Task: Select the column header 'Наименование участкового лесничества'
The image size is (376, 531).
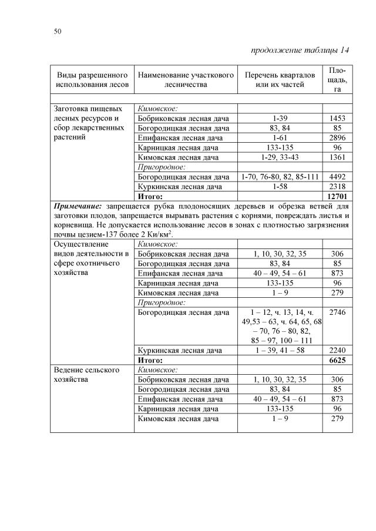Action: click(186, 80)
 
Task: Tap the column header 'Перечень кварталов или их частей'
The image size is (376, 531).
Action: click(280, 80)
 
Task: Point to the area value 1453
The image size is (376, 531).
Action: click(337, 119)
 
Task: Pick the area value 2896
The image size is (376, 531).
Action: click(337, 138)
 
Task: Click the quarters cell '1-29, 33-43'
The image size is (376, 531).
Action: click(280, 157)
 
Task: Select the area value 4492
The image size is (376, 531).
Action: click(337, 176)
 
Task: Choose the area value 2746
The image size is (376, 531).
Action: click(337, 312)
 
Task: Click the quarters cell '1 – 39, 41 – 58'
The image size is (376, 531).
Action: click(280, 351)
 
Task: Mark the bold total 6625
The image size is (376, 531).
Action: click(337, 360)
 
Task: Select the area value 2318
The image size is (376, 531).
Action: click(337, 186)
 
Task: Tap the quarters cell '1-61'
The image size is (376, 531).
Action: click(280, 138)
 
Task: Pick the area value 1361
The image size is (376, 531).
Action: click(337, 157)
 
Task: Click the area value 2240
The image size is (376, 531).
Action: click(337, 351)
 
